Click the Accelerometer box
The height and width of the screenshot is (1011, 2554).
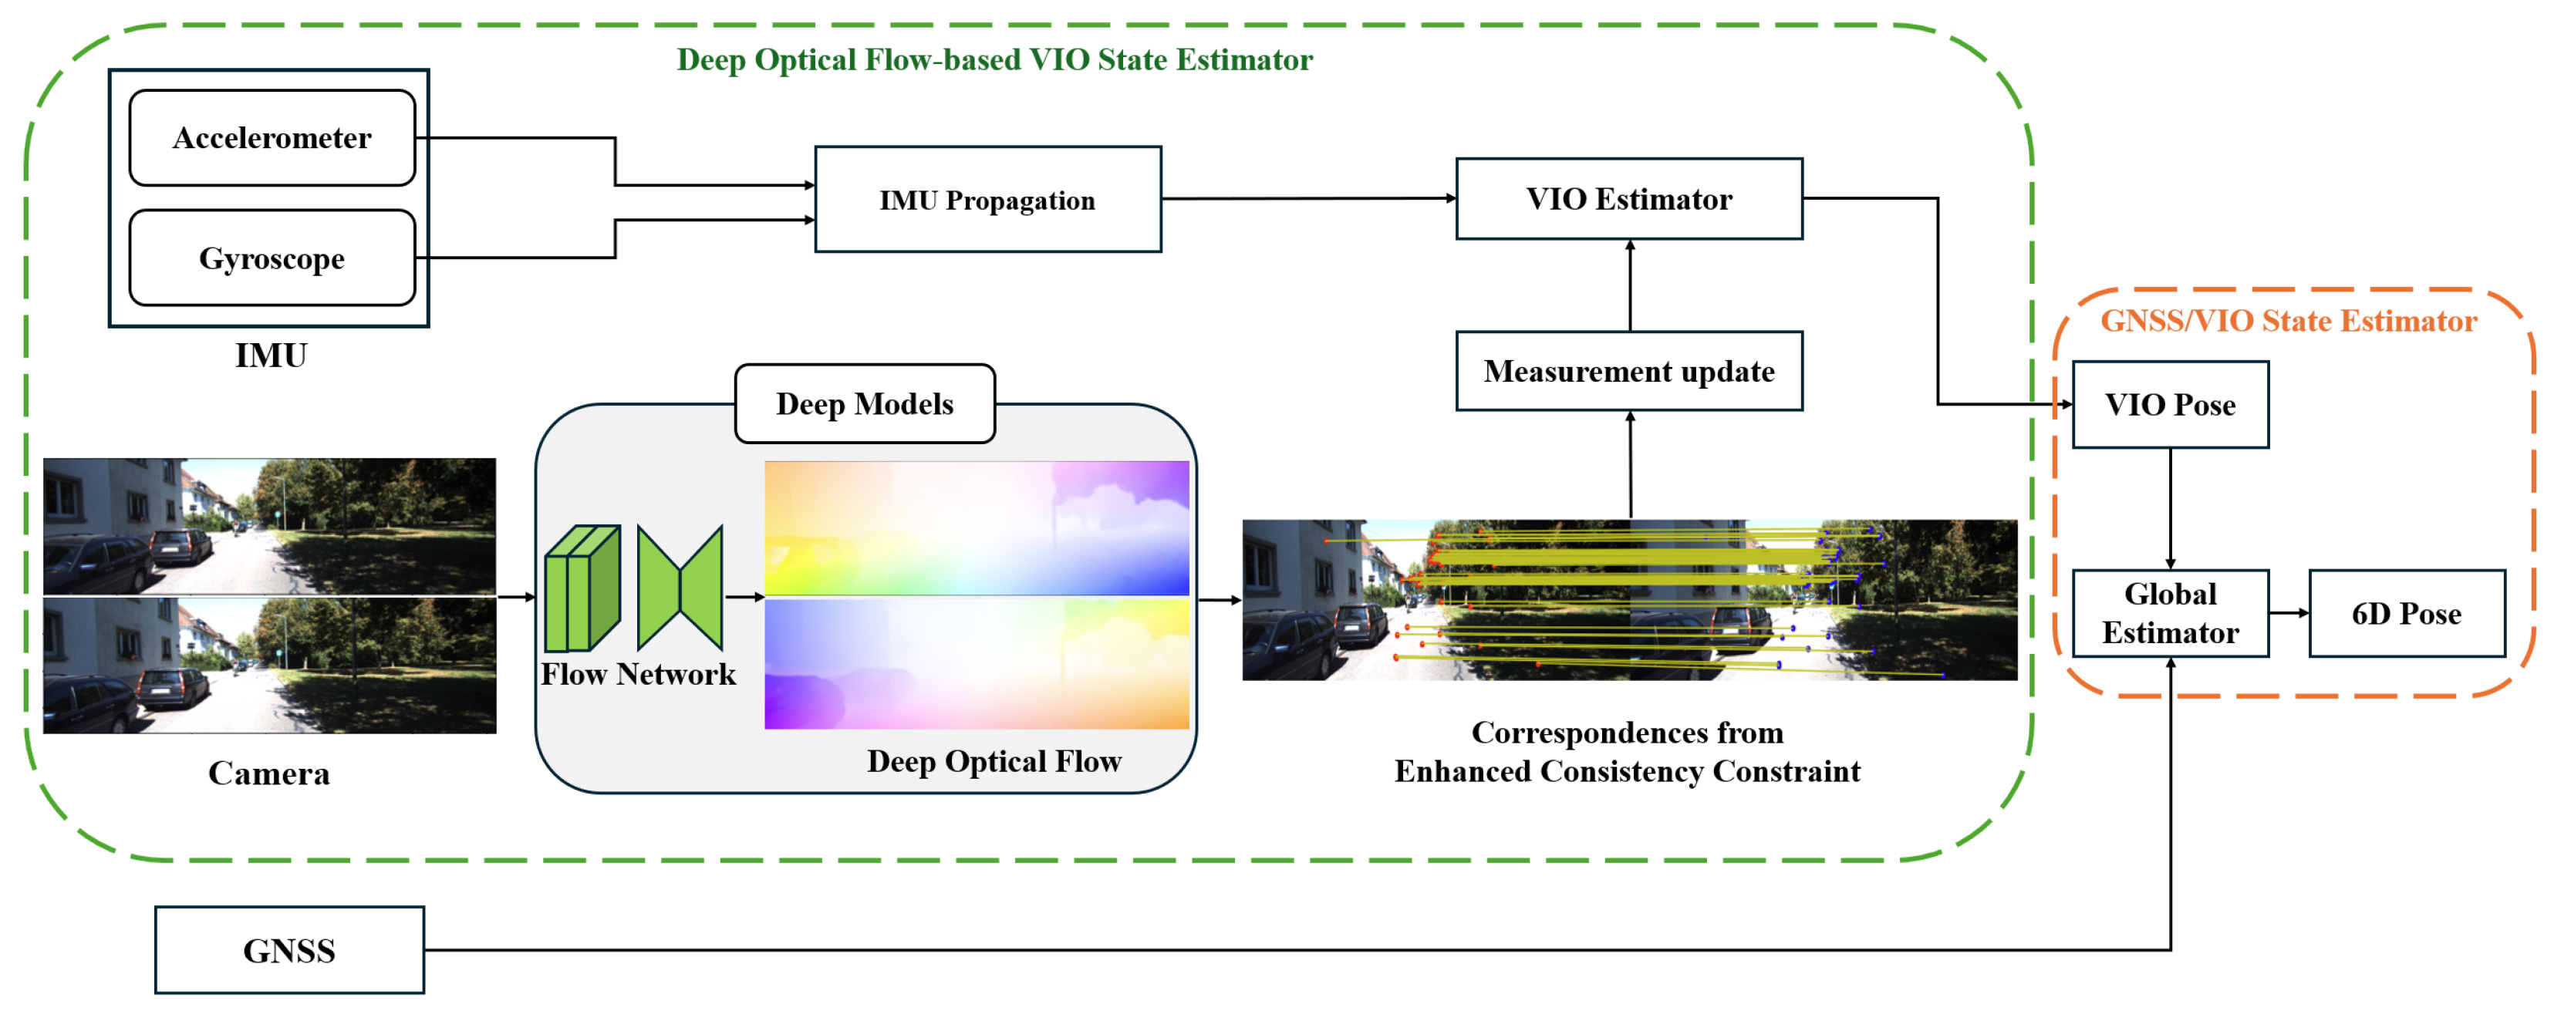click(272, 138)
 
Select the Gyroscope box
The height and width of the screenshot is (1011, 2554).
click(272, 258)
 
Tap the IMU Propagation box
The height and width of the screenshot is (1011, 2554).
click(987, 199)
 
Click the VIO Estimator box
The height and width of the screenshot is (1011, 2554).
click(1628, 198)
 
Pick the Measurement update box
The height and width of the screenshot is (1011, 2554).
click(1628, 371)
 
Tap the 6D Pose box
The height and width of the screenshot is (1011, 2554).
click(2406, 612)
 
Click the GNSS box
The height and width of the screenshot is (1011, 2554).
click(288, 949)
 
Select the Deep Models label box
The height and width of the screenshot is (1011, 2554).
click(865, 403)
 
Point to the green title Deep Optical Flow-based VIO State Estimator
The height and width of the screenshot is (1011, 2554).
click(994, 59)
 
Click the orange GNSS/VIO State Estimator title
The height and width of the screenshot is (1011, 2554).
click(2289, 321)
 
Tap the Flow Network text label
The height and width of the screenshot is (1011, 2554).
click(637, 674)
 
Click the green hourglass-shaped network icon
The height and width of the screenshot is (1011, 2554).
click(680, 588)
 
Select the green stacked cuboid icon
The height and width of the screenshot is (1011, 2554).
click(583, 588)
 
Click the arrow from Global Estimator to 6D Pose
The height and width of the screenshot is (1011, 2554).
click(2289, 612)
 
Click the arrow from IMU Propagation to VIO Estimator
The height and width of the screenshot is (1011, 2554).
click(1309, 198)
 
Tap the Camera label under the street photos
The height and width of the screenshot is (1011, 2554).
click(268, 773)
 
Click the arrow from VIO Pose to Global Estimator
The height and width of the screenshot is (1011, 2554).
click(2171, 508)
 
